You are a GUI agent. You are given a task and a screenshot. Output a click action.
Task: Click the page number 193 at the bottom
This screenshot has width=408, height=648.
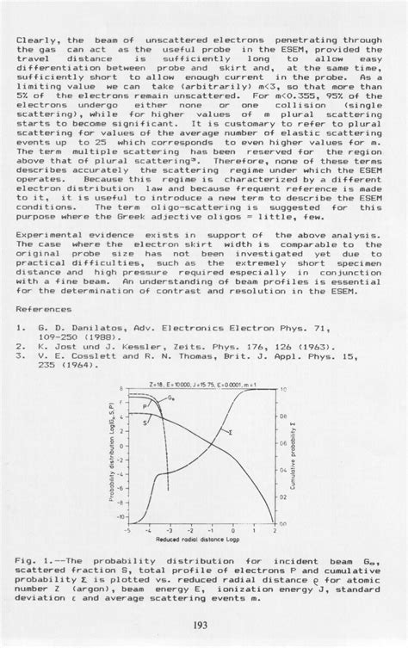click(x=204, y=624)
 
